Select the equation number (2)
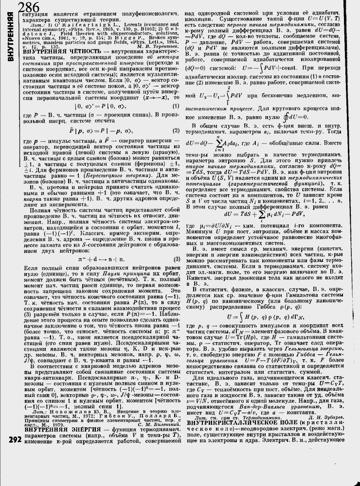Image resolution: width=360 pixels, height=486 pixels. coord(175,144)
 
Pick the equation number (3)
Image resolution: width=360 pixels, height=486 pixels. coord(176,259)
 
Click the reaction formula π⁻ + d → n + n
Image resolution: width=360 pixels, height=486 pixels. coord(96,259)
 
